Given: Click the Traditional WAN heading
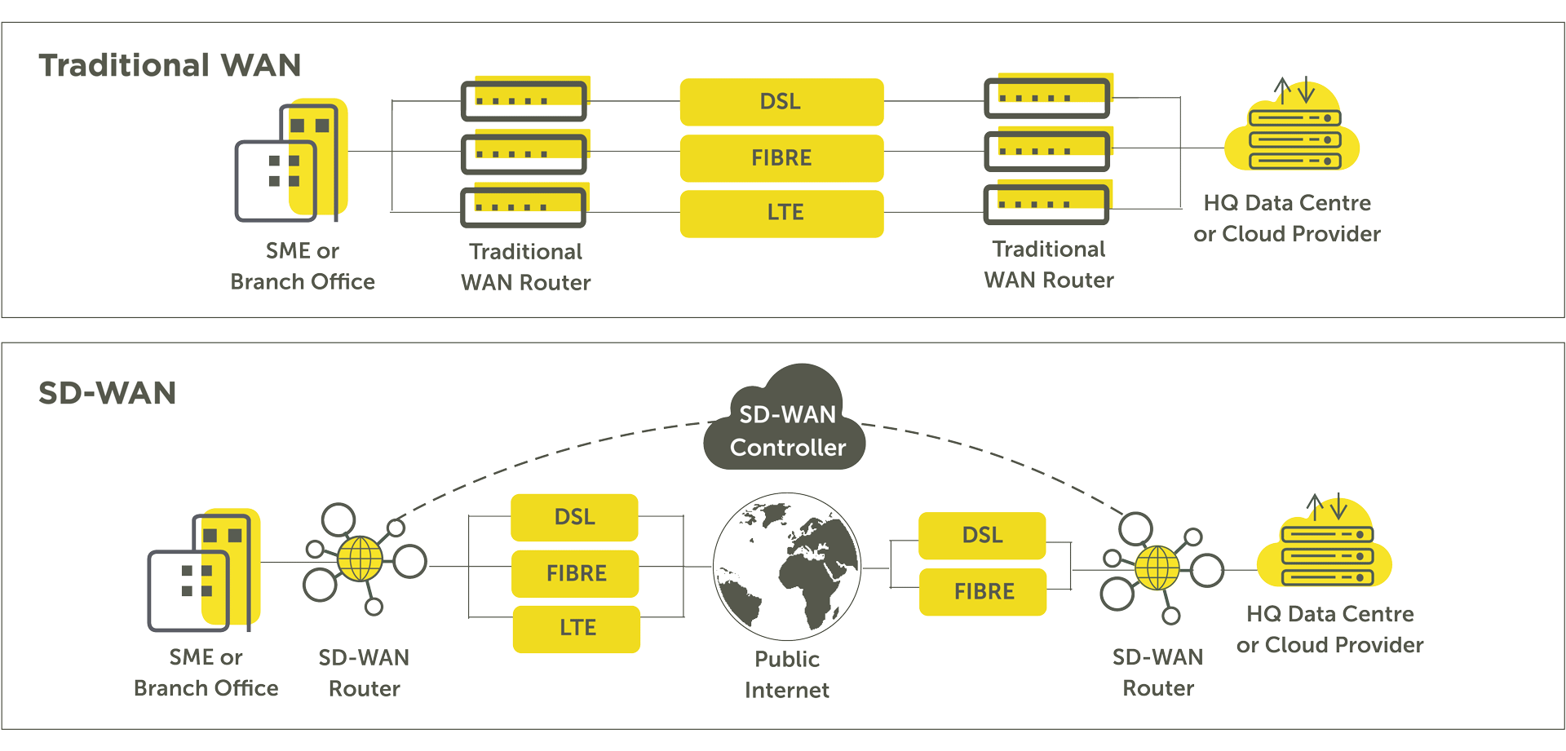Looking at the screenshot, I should point(170,65).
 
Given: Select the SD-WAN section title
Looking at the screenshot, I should point(107,393).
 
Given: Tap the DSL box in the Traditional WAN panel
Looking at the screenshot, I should point(781,102).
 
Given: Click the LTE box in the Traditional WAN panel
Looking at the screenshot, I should point(781,213).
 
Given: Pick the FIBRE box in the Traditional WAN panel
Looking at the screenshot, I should point(781,157).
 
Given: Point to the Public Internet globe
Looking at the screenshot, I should point(786,566).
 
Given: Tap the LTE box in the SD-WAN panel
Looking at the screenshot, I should point(577,628).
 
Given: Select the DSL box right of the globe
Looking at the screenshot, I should point(982,535).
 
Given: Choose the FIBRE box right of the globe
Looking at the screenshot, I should point(983,591).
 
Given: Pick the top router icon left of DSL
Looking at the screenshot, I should point(524,99).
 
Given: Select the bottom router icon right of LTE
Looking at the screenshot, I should point(1047,204).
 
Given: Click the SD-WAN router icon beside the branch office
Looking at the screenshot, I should point(361,560).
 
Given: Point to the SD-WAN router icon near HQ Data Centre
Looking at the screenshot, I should point(1157,568).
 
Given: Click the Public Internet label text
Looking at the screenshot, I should point(786,674).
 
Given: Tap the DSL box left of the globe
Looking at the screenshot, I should point(574,517).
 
